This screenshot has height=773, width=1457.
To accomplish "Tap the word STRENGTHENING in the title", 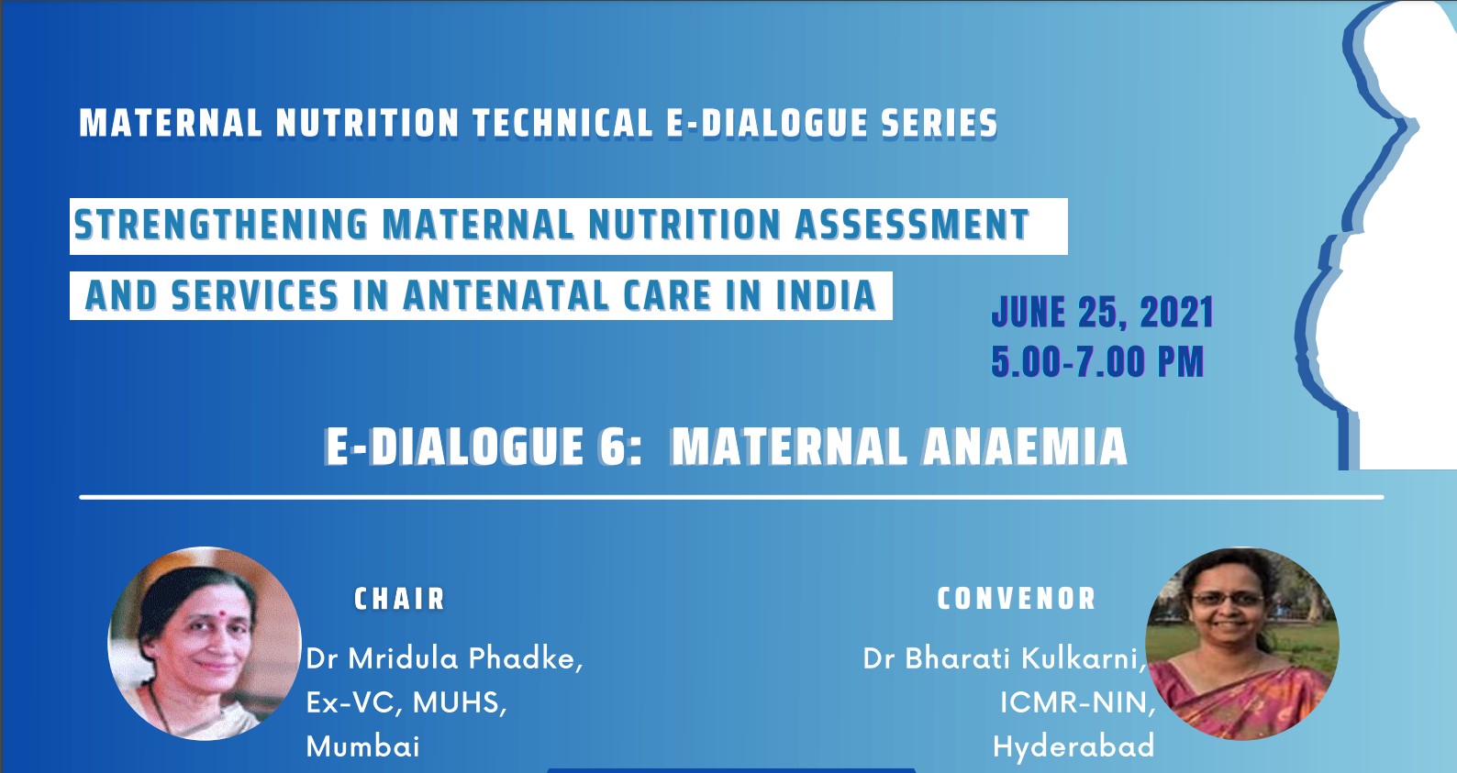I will coord(220,226).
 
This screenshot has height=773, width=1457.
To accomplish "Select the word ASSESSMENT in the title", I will coord(911,226).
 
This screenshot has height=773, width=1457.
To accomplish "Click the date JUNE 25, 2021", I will coord(1102,314).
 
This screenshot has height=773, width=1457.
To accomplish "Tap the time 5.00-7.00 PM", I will coord(1097,362).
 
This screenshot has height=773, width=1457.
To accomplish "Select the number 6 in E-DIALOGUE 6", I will coord(612,447).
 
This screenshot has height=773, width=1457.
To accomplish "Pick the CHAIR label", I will coord(400,599).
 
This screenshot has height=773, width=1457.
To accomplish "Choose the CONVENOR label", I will coord(1017,599).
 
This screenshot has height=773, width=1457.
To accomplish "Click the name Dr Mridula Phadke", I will coord(444,658).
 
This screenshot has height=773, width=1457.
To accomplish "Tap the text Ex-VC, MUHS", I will coord(406,702).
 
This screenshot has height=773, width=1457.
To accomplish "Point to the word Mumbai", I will coord(362,746).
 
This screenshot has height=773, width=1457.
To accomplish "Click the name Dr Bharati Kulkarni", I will coord(1004,658).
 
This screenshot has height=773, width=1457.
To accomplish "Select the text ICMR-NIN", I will coord(1076,702).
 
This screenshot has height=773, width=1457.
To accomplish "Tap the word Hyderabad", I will coord(1073,746).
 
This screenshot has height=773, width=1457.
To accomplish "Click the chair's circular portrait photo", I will coord(204,644).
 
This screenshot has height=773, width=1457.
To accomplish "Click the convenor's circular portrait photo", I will coord(1242,644).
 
